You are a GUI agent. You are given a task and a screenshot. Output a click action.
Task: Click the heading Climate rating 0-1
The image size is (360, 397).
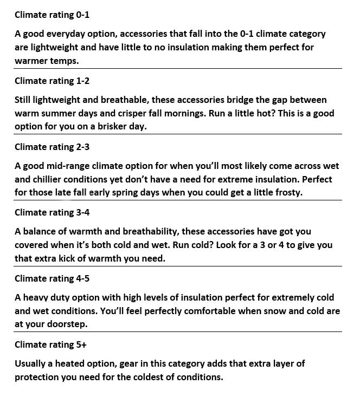(52, 15)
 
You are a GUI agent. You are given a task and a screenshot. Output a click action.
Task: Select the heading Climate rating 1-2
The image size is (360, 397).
(52, 81)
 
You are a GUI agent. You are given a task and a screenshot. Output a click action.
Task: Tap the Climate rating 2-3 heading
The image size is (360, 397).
(52, 147)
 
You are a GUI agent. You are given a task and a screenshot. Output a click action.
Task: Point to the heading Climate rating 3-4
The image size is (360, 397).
(52, 212)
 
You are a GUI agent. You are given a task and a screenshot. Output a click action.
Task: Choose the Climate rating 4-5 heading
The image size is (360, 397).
(52, 278)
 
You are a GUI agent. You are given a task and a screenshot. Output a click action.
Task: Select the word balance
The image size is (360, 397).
(40, 231)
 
